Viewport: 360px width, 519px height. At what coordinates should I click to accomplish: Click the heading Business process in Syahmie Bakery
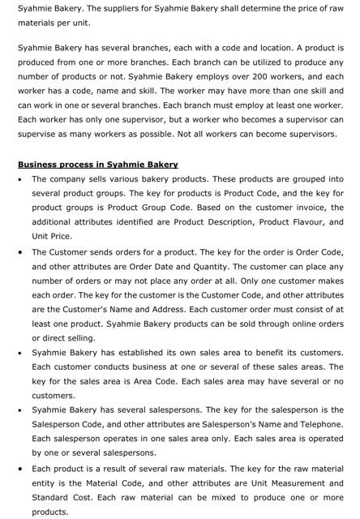coord(98,165)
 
